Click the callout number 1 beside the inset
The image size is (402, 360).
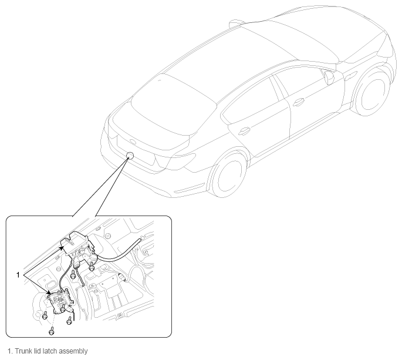(x=18, y=275)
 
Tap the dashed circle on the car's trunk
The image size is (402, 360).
(x=130, y=155)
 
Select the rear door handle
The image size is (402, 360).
(x=244, y=131)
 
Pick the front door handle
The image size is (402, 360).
(x=299, y=102)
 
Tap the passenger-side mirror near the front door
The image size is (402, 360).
(x=329, y=77)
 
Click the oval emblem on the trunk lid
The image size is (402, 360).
(x=133, y=142)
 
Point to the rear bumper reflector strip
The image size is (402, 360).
(x=190, y=189)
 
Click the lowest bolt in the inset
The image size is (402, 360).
(x=52, y=332)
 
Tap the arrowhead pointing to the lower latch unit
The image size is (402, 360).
(x=49, y=292)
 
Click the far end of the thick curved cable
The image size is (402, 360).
(x=140, y=239)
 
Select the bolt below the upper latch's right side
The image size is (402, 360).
(x=92, y=267)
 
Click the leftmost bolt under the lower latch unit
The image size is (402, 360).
(x=45, y=316)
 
